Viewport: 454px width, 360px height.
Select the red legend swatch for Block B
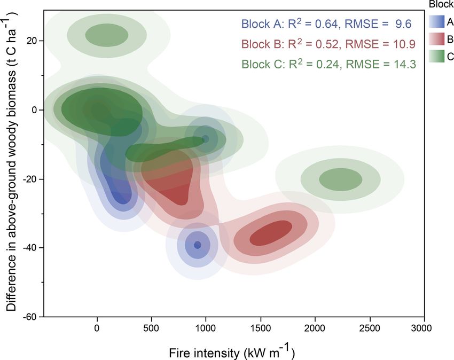coord(436,38)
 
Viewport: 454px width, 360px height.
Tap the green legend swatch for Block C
coord(436,56)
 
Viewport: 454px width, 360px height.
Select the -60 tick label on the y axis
coord(30,317)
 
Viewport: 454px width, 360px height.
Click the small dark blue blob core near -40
coord(197,245)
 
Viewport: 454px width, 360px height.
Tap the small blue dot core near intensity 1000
coord(206,139)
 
